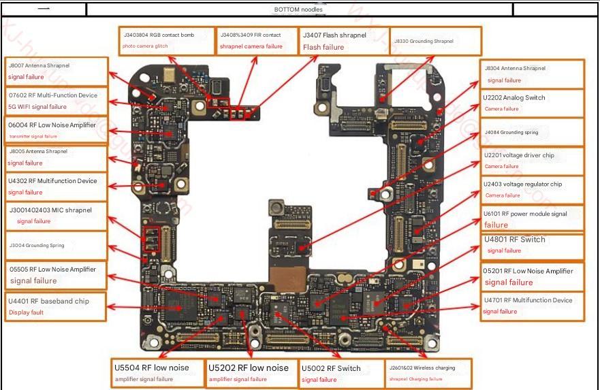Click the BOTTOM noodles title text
[299, 10]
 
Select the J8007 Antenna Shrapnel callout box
[57, 71]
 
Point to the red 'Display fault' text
[26, 313]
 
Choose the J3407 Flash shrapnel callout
[344, 41]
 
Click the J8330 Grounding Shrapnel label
[436, 41]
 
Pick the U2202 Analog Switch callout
[533, 103]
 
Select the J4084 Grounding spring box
[533, 132]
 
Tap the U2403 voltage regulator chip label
[533, 190]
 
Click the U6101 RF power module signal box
[533, 218]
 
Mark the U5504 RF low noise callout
[159, 373]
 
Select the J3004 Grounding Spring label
[57, 245]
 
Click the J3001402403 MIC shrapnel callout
[57, 216]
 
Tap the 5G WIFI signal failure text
[37, 107]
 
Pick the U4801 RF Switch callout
[533, 245]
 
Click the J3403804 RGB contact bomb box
[166, 41]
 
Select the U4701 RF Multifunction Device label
[533, 306]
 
